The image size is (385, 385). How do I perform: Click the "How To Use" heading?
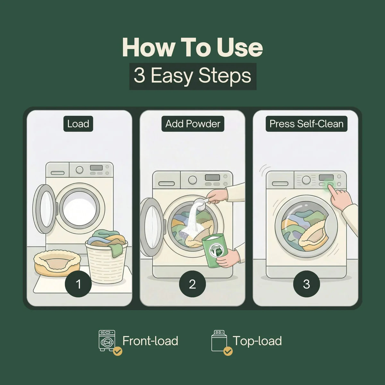(193, 47)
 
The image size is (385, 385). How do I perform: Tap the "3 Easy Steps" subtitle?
(193, 76)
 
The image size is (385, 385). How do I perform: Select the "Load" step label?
(78, 124)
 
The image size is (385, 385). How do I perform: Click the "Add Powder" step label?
(193, 124)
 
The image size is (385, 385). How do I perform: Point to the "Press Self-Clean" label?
(306, 124)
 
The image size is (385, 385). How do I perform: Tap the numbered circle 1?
(78, 284)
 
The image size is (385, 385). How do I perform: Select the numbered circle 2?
(193, 284)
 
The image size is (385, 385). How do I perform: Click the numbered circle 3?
(306, 284)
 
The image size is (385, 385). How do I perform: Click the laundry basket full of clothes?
(106, 256)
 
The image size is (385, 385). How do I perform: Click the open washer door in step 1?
(44, 209)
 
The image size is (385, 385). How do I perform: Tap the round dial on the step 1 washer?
(79, 170)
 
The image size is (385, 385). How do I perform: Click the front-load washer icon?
(107, 341)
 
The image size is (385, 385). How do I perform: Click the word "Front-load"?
(150, 341)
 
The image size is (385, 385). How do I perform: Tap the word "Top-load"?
(257, 341)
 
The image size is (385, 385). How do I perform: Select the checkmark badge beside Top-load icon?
(228, 351)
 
